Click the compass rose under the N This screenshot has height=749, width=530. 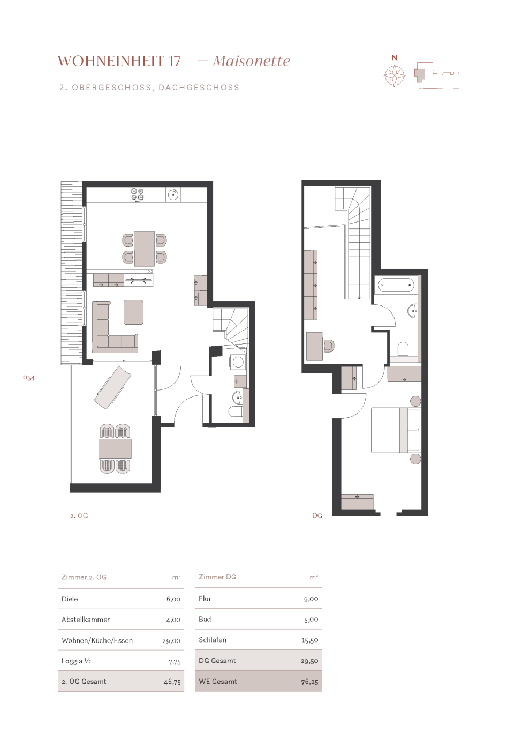[394, 76]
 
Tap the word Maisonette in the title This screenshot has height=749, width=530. [251, 61]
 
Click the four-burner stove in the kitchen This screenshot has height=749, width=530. [137, 195]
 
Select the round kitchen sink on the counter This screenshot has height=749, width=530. [173, 195]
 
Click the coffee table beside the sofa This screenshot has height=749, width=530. [133, 312]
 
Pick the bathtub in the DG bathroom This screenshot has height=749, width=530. [396, 285]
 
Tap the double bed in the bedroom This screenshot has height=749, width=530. [396, 430]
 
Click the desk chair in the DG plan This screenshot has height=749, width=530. [329, 346]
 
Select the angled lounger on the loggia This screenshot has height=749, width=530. [112, 387]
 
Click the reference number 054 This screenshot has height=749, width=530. [29, 378]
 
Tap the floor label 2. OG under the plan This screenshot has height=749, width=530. [79, 516]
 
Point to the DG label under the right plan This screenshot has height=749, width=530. [317, 516]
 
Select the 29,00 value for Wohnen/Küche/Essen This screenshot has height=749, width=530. [171, 641]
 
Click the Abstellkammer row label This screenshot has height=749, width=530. [86, 620]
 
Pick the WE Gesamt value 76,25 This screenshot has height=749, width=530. [309, 682]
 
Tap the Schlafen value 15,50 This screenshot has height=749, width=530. [310, 640]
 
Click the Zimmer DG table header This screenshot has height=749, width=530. [217, 577]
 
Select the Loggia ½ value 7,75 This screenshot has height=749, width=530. [175, 662]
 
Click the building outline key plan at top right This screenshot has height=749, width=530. [437, 75]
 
